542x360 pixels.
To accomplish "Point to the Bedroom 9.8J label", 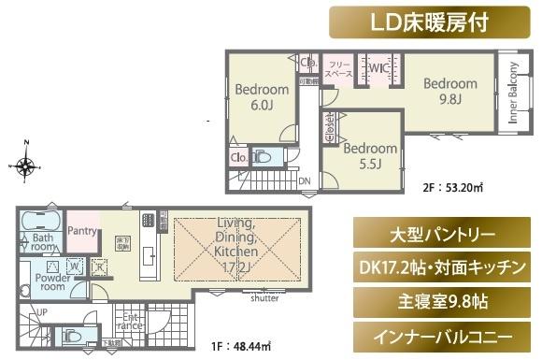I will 449,92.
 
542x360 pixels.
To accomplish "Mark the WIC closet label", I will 378,68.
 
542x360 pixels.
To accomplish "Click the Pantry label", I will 83,230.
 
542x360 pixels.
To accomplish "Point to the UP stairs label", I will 42,311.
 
